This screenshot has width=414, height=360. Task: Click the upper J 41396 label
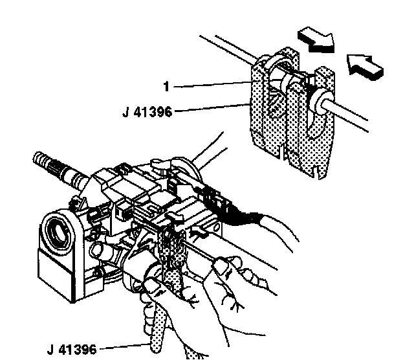click(147, 111)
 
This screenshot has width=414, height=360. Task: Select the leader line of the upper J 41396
click(213, 110)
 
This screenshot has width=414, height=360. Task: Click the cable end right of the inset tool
click(356, 117)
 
